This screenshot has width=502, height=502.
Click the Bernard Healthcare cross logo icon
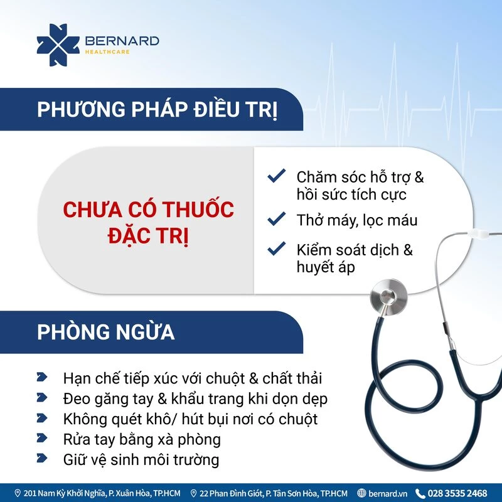coord(58,45)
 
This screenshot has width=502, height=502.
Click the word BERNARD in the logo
coord(122,41)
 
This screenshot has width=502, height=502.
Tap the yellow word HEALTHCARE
coord(107,52)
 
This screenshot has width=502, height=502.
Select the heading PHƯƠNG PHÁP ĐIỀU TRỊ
coord(158,110)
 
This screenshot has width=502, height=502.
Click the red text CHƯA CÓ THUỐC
coord(149,210)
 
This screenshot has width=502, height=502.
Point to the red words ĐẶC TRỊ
coord(148,236)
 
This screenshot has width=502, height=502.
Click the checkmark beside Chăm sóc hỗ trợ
coord(277,176)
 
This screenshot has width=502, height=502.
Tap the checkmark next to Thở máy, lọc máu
coord(277,218)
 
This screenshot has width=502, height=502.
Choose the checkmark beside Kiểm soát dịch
coord(277,248)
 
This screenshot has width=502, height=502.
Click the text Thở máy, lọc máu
coord(357,221)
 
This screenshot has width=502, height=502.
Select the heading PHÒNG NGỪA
coord(106,332)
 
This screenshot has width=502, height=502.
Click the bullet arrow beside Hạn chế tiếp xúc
coord(42,377)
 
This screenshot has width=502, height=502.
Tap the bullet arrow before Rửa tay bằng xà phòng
coord(42,438)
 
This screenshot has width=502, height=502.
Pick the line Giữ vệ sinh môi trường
coord(141,460)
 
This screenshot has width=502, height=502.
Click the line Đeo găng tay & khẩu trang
coord(195,399)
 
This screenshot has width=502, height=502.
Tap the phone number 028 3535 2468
coord(457,493)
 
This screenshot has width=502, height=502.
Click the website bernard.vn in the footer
coord(388,493)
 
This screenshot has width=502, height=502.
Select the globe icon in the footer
coord(361,493)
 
